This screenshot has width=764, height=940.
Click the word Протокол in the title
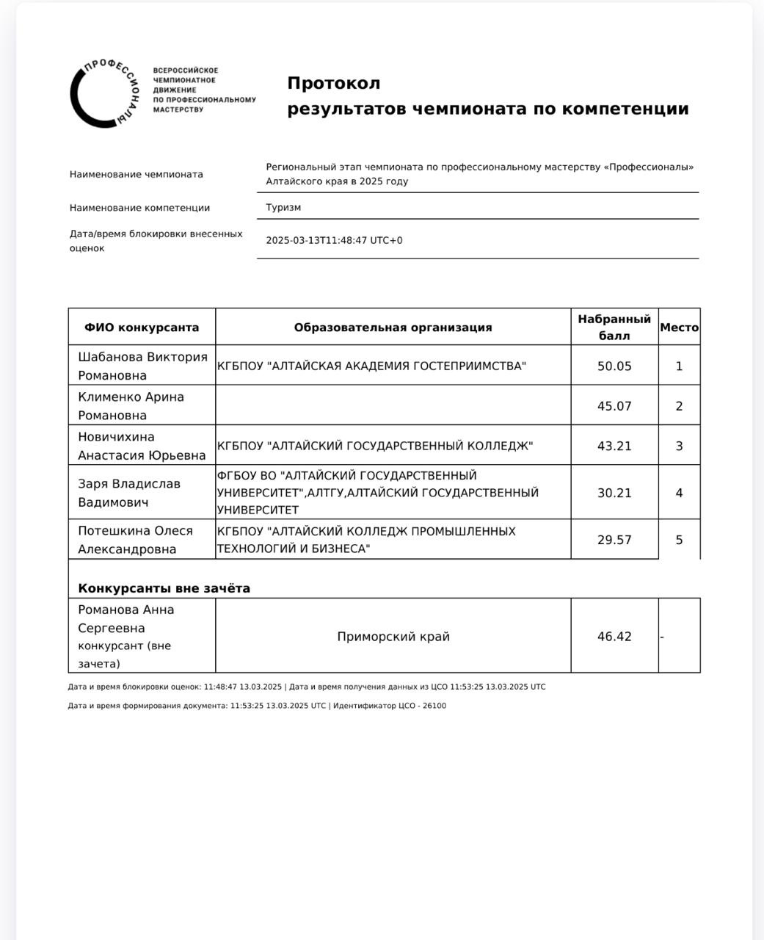click(333, 83)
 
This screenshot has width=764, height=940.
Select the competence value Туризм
click(283, 207)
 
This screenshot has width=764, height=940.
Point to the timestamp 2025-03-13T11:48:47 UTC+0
click(334, 240)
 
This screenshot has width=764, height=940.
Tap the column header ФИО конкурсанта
click(142, 328)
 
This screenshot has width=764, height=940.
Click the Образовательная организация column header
click(393, 328)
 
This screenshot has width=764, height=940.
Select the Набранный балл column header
click(614, 328)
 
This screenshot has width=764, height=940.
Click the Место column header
click(679, 328)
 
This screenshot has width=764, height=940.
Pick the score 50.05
click(614, 366)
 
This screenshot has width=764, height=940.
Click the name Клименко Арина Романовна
click(131, 406)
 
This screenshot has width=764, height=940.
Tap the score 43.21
click(614, 446)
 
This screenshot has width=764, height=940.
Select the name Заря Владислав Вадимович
click(129, 493)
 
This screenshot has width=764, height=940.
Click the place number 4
click(679, 493)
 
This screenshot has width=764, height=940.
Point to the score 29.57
click(614, 540)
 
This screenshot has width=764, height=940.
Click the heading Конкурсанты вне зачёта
click(164, 588)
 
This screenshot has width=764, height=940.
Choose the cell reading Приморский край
click(393, 637)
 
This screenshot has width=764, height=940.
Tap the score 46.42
click(614, 637)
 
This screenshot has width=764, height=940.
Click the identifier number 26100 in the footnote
click(434, 706)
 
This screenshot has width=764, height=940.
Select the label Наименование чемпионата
click(137, 174)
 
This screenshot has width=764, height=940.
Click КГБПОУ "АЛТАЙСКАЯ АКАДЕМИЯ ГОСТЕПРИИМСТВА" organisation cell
click(371, 366)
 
